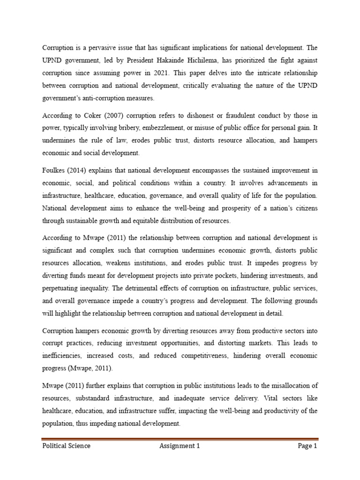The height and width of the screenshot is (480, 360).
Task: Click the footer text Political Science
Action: click(66, 446)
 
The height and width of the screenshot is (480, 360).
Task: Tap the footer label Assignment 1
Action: click(180, 446)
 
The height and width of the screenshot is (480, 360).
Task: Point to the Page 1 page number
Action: click(307, 446)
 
